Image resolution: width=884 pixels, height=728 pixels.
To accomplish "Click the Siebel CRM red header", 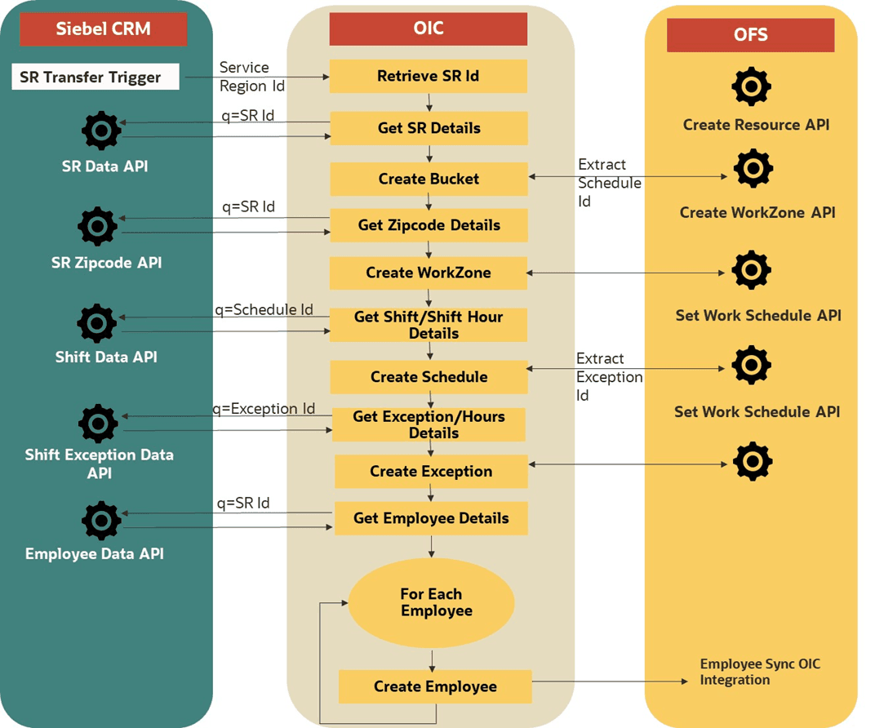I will coord(103,29).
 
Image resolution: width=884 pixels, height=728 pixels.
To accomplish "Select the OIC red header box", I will coord(428,29).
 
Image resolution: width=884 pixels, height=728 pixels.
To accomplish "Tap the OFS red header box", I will coord(750,35).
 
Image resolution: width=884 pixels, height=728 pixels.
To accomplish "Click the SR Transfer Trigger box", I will coord(96,78).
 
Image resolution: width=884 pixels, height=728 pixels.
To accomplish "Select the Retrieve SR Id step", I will coord(428,76).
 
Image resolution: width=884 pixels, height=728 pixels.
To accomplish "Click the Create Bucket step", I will coord(429,179).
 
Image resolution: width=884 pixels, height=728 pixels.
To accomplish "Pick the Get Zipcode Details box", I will coord(429,225).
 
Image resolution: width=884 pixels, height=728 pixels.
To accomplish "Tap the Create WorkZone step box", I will coord(429,273).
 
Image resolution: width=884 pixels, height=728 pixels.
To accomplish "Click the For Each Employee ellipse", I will coord(431,603).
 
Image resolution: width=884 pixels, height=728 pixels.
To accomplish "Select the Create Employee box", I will coord(435,686).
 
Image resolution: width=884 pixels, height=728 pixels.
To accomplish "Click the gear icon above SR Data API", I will coord(102,131).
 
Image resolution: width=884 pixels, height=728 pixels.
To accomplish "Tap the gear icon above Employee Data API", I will coord(102,520).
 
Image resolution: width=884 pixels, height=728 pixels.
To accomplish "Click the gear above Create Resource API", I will coord(751,86).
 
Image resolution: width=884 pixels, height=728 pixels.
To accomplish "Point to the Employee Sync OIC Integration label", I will coord(759,672).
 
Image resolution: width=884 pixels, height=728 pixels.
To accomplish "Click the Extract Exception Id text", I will coord(609,376).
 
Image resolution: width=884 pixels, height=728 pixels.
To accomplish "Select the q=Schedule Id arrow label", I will coord(264,309).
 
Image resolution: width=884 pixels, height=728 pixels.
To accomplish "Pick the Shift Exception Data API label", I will coord(100,464).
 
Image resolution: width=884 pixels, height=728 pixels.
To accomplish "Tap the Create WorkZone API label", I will coord(757,212).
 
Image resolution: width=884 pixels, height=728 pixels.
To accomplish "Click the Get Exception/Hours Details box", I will coord(429,424).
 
